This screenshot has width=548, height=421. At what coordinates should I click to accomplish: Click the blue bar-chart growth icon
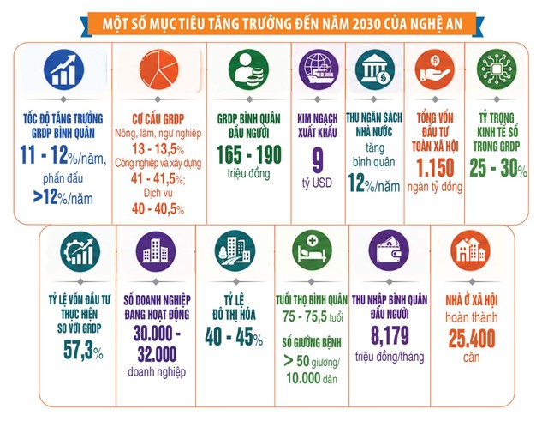pos(63,69)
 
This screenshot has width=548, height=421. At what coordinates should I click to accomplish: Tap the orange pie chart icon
pos(158,69)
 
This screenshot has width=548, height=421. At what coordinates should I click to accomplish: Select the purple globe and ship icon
pos(318,69)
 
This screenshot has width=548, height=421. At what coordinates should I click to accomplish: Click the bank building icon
pos(375,69)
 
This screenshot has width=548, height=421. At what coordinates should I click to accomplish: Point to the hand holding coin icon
pos(435,69)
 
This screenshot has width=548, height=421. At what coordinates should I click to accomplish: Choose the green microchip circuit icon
pos(497,69)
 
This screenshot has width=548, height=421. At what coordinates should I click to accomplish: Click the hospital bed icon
pos(312,250)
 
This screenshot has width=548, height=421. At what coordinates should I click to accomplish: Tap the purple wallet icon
pos(389,250)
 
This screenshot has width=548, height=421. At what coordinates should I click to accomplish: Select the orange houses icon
pos(470,250)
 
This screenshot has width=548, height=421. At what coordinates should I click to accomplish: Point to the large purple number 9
pos(318,160)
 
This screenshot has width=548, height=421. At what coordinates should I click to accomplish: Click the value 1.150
pos(436,168)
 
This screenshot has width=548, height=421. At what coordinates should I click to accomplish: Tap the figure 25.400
pos(472,338)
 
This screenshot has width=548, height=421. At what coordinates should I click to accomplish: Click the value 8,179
pos(390,335)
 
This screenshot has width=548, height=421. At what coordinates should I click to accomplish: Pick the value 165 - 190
pos(249,154)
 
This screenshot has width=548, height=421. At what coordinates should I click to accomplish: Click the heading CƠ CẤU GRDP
pos(158,119)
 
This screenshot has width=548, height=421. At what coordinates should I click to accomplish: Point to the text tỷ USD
pos(317,183)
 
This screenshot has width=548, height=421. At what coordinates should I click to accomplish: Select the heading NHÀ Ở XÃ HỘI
pos(472,300)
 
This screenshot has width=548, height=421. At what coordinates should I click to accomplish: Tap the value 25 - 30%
pos(498,168)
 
